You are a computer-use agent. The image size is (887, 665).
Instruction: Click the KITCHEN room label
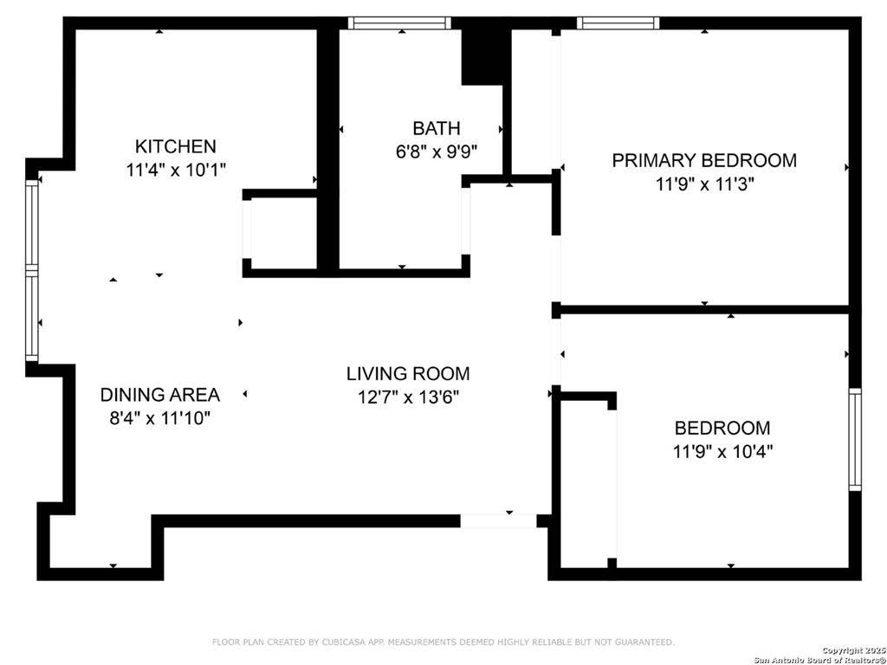(x=175, y=146)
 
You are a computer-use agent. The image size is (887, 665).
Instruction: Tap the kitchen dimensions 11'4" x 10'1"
(x=175, y=170)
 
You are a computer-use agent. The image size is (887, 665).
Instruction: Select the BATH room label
(x=436, y=129)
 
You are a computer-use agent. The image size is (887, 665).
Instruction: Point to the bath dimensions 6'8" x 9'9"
(x=436, y=152)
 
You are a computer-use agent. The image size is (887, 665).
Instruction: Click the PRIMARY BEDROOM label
(x=703, y=160)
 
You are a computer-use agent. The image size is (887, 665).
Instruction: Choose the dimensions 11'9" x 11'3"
(x=703, y=184)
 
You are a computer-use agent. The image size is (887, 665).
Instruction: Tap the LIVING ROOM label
(x=408, y=374)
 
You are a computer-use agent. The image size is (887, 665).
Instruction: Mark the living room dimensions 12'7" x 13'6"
(x=408, y=397)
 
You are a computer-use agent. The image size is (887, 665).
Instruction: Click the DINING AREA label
(x=160, y=395)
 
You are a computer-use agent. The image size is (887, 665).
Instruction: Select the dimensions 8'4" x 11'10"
(x=160, y=418)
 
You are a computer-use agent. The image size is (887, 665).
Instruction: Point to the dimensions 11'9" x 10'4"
(x=722, y=451)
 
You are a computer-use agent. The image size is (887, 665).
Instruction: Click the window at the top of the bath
(x=399, y=23)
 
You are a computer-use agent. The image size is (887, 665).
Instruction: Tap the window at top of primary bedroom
(x=618, y=23)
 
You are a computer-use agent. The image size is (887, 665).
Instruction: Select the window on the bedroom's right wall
(x=855, y=439)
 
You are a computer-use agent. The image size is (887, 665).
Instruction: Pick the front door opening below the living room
(x=498, y=521)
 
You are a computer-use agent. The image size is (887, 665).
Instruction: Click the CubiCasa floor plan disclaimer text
(x=443, y=642)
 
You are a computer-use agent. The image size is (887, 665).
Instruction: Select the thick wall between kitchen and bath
(x=327, y=147)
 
